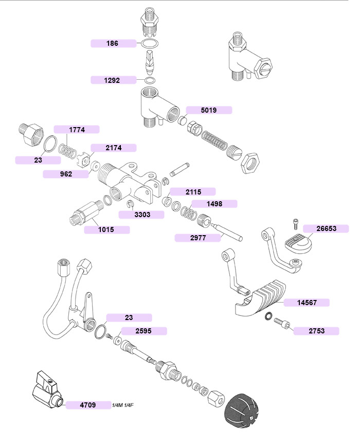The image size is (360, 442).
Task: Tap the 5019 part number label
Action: [209, 110]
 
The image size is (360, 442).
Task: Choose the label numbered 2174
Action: [114, 148]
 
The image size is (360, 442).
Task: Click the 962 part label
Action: [66, 174]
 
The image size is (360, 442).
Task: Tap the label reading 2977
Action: [197, 238]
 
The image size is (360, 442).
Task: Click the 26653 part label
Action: [326, 228]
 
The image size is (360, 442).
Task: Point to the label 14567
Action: [307, 303]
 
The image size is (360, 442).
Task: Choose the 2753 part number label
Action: [316, 331]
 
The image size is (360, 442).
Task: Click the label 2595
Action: [144, 331]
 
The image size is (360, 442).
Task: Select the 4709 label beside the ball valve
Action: [88, 405]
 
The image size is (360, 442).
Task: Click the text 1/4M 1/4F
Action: [123, 405]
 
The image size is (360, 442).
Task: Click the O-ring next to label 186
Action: [150, 44]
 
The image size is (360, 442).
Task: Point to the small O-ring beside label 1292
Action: [150, 80]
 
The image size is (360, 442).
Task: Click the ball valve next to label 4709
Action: [47, 390]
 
